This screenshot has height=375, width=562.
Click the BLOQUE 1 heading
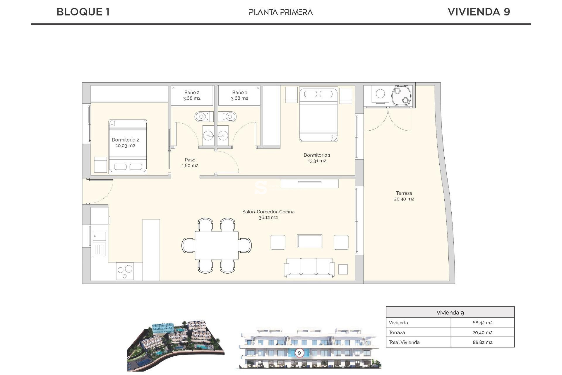(83, 12)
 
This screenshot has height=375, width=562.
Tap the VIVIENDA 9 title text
(479, 12)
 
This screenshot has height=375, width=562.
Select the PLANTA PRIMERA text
(281, 12)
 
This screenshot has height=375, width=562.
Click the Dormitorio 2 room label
(125, 140)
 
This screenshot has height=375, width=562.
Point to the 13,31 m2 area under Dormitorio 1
(317, 161)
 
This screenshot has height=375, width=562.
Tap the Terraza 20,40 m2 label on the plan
(404, 196)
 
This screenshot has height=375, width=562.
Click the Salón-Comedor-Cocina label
(268, 212)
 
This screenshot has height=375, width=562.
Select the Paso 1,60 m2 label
(190, 163)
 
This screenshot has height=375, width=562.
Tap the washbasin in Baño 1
(223, 136)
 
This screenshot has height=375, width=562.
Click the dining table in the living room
(217, 245)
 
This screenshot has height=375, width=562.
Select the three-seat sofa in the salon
(309, 267)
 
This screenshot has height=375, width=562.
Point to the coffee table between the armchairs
(309, 241)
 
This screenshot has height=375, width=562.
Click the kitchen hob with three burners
(125, 271)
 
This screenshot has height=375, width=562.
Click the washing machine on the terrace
(380, 94)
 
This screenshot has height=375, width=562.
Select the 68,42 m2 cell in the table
(482, 323)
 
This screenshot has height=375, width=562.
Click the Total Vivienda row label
(404, 342)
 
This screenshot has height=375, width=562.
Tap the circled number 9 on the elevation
(299, 353)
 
